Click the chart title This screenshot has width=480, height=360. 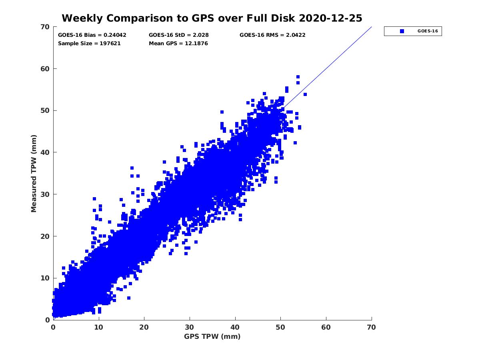212,18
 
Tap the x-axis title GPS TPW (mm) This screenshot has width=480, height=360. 212,336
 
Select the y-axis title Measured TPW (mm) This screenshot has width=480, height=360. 34,173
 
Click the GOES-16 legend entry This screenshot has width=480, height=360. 427,31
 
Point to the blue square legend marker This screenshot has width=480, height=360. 402,31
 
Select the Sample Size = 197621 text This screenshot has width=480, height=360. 89,43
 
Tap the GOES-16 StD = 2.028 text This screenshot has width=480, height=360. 178,35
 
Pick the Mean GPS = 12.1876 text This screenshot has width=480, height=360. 178,43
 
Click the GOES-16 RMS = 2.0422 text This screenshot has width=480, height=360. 272,35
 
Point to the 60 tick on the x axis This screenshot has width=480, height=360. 326,327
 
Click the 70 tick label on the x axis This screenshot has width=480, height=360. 372,327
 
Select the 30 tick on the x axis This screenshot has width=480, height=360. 190,327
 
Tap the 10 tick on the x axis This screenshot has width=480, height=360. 99,327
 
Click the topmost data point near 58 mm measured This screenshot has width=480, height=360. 298,77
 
